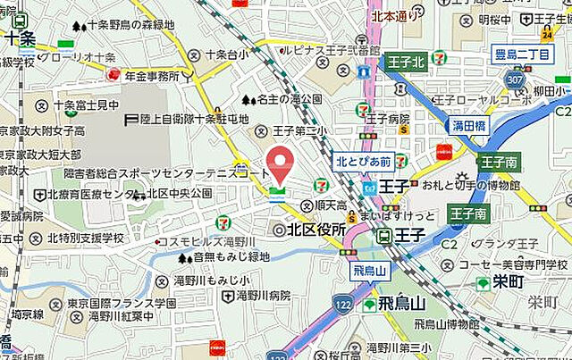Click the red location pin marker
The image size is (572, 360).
tap(281, 164)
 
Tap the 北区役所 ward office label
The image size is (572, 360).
tap(309, 230)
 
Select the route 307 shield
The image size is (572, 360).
tap(512, 79)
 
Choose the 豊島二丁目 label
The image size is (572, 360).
tap(521, 55)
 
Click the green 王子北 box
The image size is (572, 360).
tap(405, 63)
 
